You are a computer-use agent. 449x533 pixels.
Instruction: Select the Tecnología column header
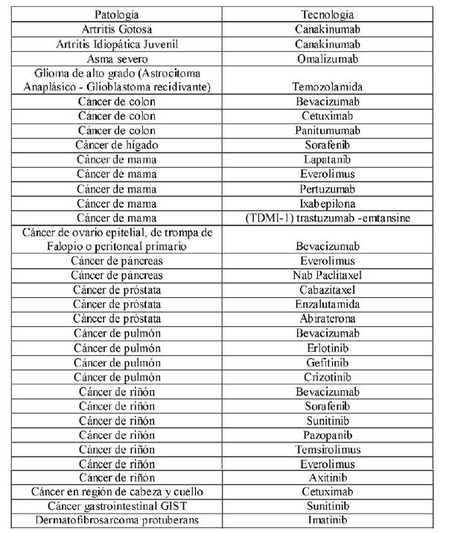click(327, 15)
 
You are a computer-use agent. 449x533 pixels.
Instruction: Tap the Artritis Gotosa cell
click(118, 30)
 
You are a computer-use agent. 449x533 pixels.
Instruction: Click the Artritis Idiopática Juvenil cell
click(118, 44)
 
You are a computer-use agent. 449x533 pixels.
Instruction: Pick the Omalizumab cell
click(327, 59)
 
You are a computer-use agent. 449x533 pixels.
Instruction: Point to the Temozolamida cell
click(328, 87)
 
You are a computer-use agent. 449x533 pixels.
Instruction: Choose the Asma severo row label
click(118, 59)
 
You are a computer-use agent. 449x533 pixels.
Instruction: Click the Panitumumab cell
click(327, 130)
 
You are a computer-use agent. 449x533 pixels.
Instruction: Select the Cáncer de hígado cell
click(118, 145)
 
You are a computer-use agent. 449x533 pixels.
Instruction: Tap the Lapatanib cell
click(327, 159)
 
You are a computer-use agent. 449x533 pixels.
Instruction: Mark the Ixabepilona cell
click(327, 203)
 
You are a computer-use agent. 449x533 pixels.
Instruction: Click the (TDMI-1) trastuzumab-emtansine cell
click(327, 217)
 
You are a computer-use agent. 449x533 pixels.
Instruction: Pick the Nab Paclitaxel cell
click(327, 275)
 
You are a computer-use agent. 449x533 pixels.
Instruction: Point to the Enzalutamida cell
click(327, 304)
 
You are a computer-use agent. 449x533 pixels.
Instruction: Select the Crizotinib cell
click(327, 377)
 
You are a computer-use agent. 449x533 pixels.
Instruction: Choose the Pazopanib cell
click(327, 434)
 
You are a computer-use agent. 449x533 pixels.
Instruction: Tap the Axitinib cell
click(327, 478)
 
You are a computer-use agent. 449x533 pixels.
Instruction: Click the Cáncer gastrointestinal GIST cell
click(118, 507)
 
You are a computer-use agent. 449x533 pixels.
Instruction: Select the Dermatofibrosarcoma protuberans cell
click(118, 521)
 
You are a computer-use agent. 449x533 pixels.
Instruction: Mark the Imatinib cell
click(327, 521)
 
